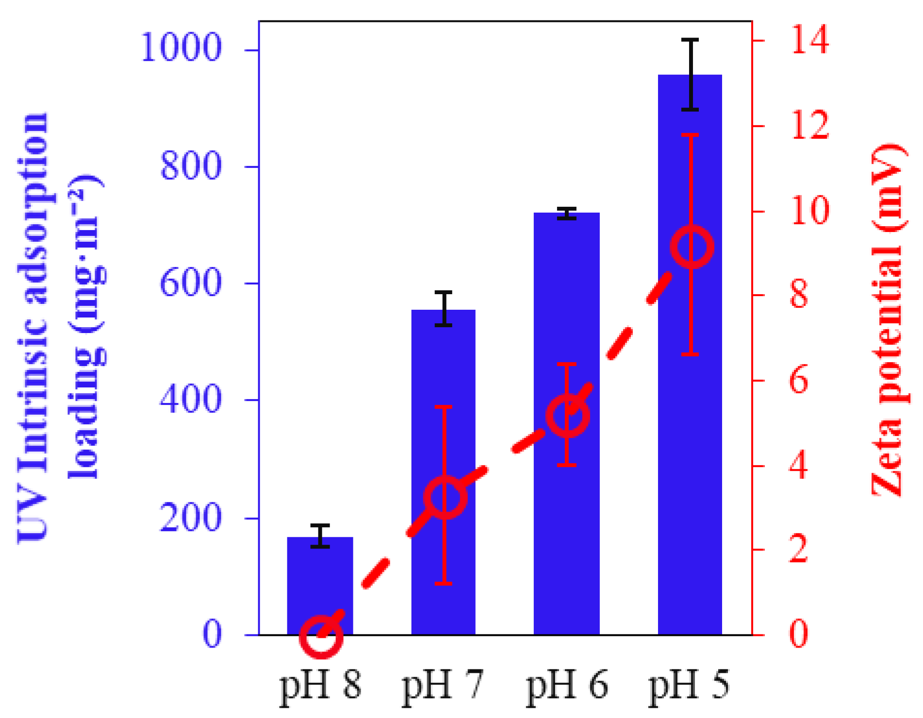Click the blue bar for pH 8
(320, 583)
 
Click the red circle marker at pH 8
(321, 636)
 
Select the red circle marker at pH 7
(445, 497)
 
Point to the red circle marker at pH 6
(568, 416)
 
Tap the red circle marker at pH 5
(691, 247)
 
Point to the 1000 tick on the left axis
(181, 49)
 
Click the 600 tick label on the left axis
(190, 283)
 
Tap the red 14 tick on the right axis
(809, 41)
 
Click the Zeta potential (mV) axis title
(887, 320)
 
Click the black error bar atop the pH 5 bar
(690, 74)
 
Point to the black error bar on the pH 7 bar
(444, 309)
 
